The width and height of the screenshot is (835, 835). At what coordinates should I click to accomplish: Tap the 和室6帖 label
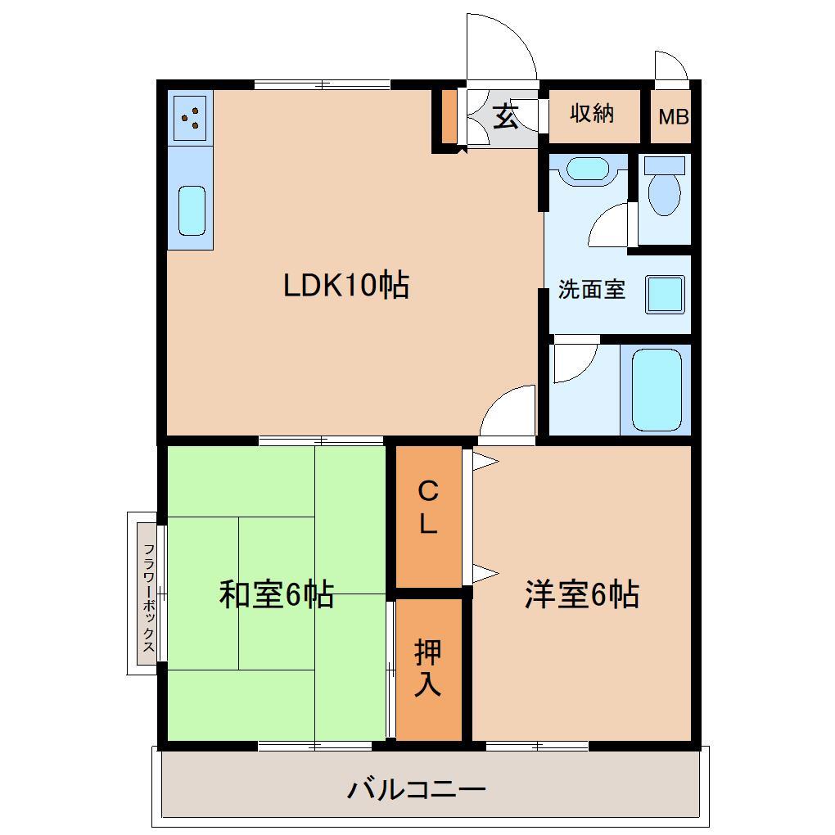coord(276,594)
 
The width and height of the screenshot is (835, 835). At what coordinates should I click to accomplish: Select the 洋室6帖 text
coord(582,594)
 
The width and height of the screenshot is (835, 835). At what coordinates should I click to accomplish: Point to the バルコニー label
coord(417,790)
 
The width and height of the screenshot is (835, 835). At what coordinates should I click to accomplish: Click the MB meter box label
coord(674,117)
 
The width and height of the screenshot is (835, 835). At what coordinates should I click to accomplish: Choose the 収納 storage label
coord(592,114)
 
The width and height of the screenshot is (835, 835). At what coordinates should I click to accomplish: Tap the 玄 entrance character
coord(506,118)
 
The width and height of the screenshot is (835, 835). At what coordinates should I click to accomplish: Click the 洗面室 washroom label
coord(591,290)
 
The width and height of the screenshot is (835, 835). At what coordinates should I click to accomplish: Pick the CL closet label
coord(428,508)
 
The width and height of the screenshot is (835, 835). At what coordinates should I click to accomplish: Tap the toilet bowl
coord(663,190)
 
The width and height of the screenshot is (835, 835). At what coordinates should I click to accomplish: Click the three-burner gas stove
coord(190,118)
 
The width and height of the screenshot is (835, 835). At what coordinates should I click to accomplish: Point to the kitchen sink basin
coord(192,210)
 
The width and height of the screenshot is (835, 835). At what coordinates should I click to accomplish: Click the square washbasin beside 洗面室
coord(664,294)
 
